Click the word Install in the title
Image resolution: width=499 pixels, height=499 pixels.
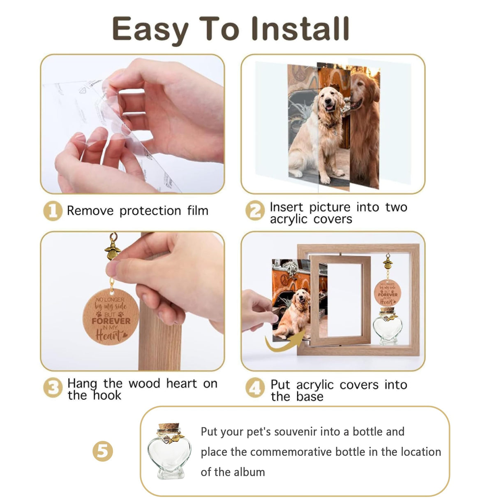[x=300, y=29]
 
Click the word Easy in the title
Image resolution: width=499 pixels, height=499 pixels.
[x=150, y=30]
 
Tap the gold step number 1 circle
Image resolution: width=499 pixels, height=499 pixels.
[x=53, y=211]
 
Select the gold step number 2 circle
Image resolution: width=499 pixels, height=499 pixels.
[x=255, y=211]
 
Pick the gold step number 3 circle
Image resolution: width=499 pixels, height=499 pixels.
[x=53, y=388]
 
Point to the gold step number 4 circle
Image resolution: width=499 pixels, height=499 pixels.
[x=255, y=388]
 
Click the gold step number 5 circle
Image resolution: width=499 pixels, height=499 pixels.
[x=102, y=451]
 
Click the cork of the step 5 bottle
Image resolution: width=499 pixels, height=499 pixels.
[x=169, y=428]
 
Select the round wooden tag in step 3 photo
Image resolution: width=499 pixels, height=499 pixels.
[x=111, y=317]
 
